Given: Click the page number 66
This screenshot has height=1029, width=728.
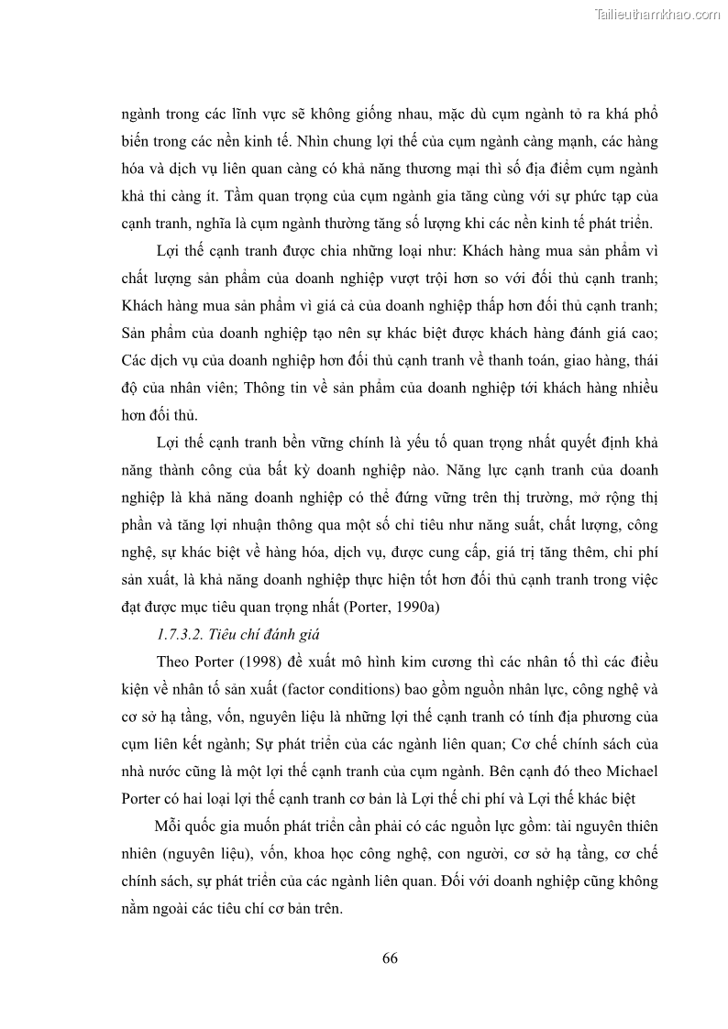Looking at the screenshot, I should point(389,958).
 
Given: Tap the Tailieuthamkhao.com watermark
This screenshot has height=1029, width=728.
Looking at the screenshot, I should point(657,15).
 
